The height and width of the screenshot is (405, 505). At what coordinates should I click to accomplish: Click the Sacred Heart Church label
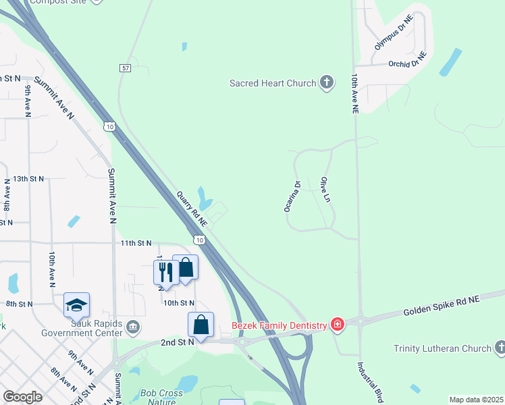tap(273, 83)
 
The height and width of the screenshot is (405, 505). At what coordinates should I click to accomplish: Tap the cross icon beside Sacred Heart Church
tap(326, 83)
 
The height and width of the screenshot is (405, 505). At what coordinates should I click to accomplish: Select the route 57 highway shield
tap(125, 68)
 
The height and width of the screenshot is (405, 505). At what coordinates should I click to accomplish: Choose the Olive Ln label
tap(327, 191)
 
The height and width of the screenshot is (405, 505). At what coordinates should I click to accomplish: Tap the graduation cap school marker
tap(77, 305)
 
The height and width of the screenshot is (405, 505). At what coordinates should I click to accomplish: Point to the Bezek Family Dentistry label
tap(280, 325)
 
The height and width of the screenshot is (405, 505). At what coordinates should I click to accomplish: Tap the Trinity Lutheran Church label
tap(442, 348)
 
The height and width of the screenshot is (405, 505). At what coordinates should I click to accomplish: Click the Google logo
tap(23, 397)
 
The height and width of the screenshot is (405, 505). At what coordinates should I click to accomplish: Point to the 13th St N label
tap(28, 179)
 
